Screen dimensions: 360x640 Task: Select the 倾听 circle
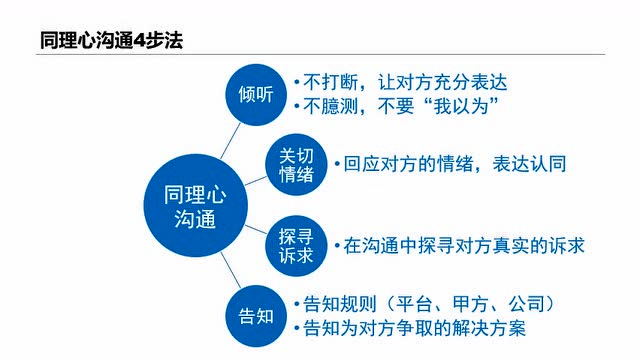coord(255,94)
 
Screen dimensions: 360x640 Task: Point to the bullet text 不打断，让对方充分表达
coord(407,82)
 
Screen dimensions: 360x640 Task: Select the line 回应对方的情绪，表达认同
coord(450,164)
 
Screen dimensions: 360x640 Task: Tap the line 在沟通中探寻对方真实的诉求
coord(458,244)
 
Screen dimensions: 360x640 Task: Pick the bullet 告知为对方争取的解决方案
coord(412,327)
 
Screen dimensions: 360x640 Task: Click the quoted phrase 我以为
coord(460,106)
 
